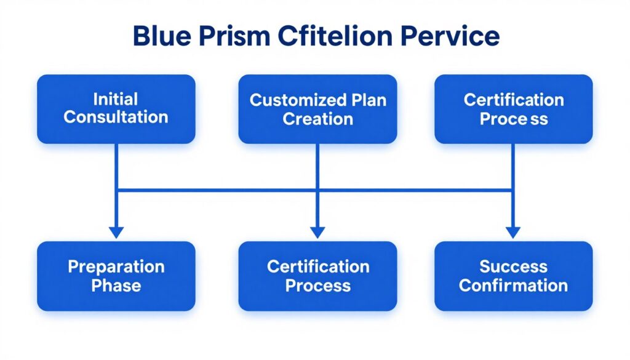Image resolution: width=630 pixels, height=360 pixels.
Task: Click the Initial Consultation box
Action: click(x=116, y=109)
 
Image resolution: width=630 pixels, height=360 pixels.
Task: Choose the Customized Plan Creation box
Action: click(x=317, y=109)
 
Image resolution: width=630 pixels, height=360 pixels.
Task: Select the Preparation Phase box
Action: click(x=116, y=276)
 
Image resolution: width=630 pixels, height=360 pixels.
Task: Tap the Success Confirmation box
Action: click(x=513, y=276)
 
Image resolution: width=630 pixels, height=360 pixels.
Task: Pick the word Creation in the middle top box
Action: click(x=317, y=119)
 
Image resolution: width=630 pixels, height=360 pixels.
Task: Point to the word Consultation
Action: click(x=116, y=118)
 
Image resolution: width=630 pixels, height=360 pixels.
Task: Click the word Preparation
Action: click(x=116, y=266)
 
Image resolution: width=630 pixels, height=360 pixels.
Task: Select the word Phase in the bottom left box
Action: click(x=116, y=286)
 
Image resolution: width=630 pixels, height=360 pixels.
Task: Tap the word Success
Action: click(x=513, y=266)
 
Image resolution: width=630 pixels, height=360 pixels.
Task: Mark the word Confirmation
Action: click(x=513, y=286)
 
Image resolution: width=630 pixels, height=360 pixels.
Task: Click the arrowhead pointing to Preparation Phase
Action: click(x=116, y=233)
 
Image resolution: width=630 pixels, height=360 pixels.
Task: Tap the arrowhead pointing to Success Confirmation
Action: click(x=513, y=233)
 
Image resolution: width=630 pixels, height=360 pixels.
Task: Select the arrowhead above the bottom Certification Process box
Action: click(x=317, y=233)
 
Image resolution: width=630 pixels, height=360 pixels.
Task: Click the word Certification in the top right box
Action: click(x=513, y=100)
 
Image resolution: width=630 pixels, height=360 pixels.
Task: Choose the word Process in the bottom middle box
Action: click(x=317, y=286)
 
